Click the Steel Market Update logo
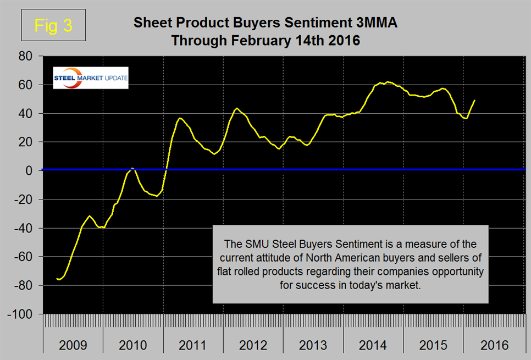click(90, 77)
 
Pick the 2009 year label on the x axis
click(73, 346)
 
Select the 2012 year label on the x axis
click(253, 346)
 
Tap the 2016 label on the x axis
click(494, 346)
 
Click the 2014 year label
click(373, 346)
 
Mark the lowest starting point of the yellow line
click(59, 279)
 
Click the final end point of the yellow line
click(474, 100)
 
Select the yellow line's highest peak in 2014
click(388, 82)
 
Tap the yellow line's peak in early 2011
click(180, 118)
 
